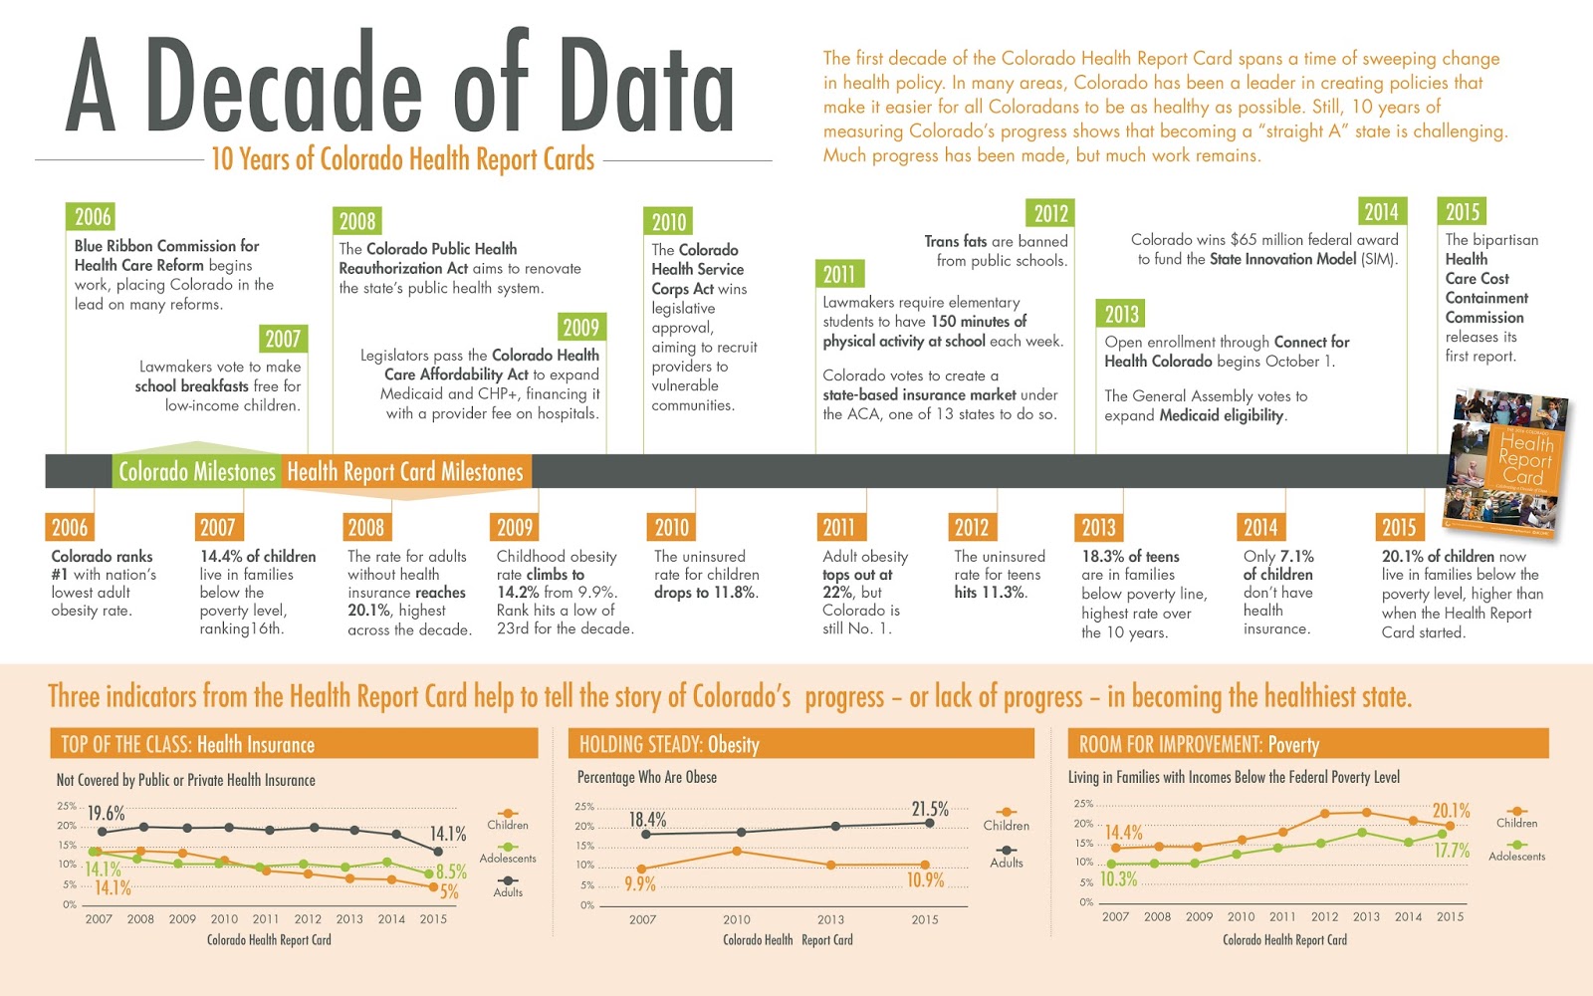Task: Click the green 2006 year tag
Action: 93,217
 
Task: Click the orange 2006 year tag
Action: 70,528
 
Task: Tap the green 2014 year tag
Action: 1381,212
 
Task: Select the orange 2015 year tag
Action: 1398,528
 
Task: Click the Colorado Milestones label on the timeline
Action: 196,472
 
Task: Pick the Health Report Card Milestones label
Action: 405,472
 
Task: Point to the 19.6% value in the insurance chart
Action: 106,814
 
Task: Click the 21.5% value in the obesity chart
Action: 930,809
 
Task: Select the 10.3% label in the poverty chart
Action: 1118,879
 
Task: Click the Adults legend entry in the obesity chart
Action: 1007,863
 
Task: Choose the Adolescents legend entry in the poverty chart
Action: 1516,857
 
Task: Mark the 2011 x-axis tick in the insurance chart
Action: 266,919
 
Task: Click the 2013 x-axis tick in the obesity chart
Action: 830,920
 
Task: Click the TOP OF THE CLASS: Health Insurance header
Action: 188,744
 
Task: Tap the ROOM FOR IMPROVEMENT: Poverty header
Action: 1200,744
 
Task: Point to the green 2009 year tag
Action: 580,328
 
